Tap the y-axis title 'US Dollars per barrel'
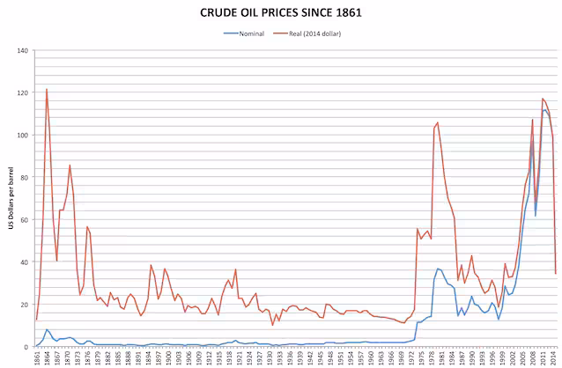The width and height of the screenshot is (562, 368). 11,199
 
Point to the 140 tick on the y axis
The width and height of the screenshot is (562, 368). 21,50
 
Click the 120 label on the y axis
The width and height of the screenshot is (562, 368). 21,92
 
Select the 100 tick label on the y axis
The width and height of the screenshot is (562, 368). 21,135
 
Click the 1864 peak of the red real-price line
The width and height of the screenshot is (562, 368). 47,89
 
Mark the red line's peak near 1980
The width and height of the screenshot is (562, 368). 438,122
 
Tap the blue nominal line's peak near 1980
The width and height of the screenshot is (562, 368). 438,269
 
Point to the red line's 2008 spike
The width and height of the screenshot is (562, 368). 533,119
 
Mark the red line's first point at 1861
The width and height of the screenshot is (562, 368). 36,320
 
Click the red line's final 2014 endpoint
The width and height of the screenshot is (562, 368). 556,273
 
